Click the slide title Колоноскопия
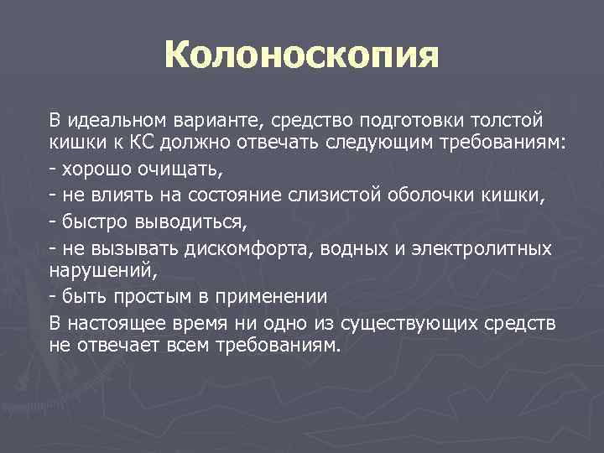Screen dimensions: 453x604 302,57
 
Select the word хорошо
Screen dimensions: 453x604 92,170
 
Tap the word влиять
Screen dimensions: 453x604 113,196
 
